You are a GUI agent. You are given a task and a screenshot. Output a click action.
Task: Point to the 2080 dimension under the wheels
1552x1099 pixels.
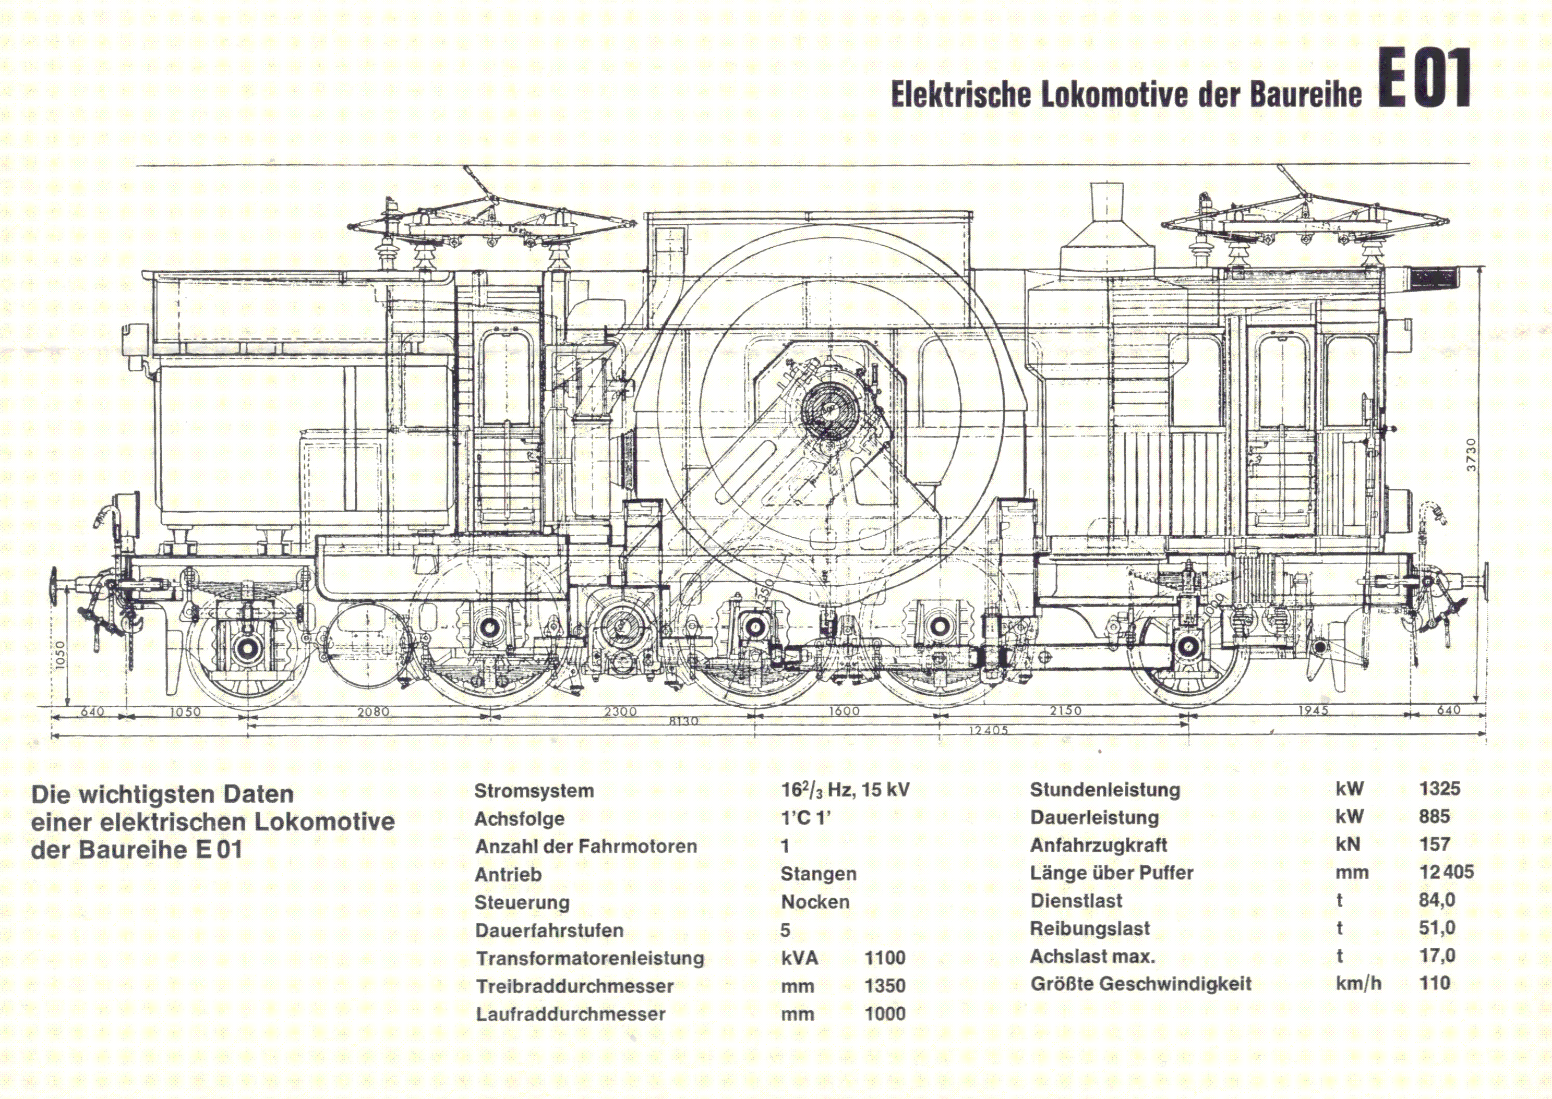point(373,712)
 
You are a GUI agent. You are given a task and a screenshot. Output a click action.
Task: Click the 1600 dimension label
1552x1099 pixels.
point(844,711)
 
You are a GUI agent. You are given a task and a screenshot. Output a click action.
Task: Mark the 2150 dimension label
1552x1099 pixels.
point(1065,710)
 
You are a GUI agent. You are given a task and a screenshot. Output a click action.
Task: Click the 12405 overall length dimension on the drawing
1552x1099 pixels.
point(989,730)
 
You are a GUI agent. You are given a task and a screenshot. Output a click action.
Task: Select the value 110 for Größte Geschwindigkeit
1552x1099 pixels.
point(1434,983)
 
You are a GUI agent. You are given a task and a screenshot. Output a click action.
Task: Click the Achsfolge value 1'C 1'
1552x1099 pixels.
point(805,819)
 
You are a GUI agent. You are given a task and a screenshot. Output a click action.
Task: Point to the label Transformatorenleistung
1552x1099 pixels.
point(589,958)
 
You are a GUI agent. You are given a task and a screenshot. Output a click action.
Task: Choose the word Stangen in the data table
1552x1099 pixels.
point(819,874)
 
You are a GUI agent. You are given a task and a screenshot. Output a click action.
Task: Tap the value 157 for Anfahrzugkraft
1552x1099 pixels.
point(1434,844)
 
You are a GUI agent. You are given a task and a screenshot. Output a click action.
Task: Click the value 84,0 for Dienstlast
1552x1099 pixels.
point(1437,900)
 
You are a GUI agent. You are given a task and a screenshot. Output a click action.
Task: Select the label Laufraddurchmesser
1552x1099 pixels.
point(571,1014)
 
